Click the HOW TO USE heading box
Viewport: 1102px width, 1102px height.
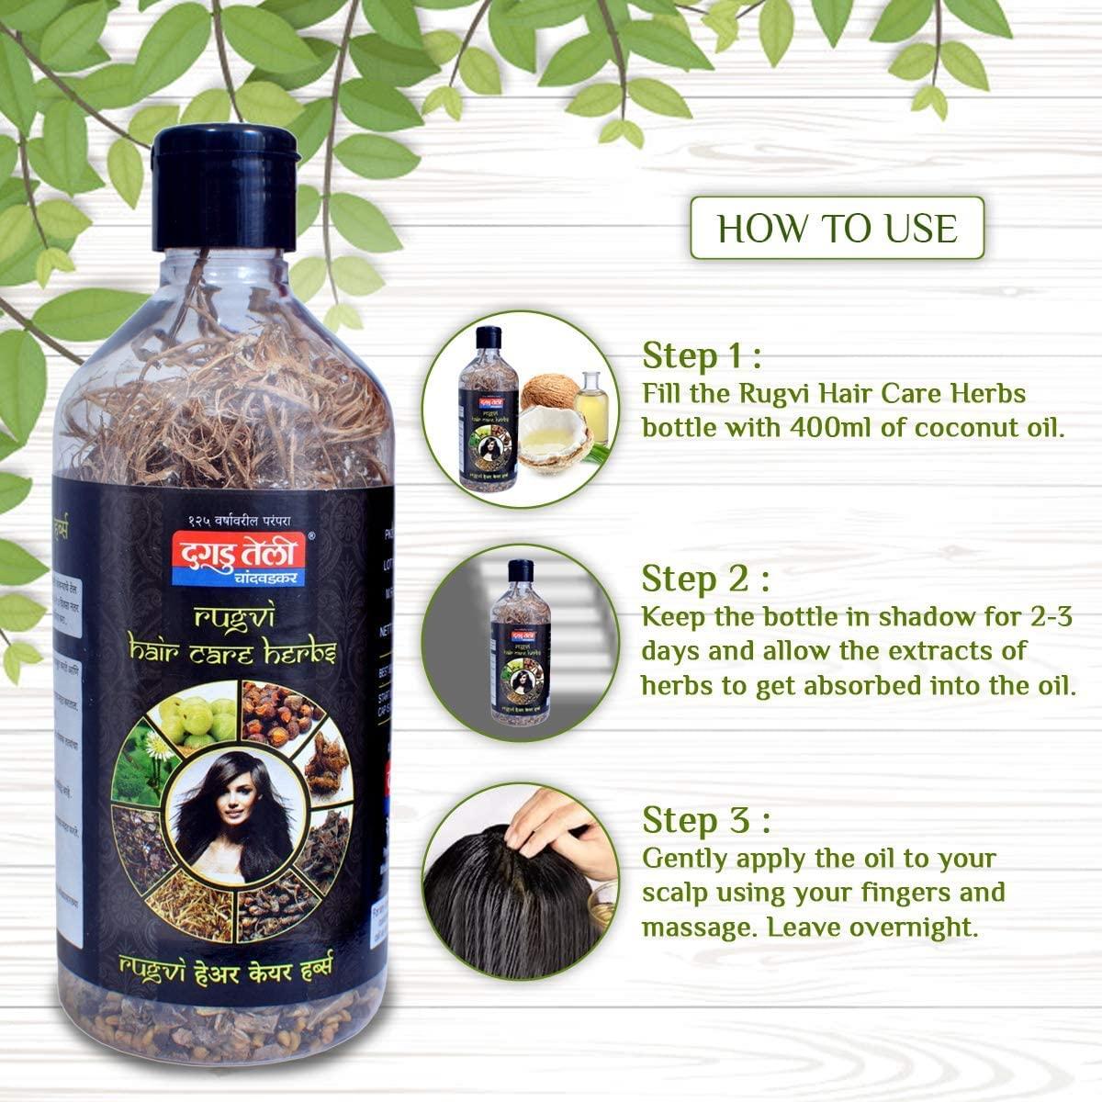(x=837, y=228)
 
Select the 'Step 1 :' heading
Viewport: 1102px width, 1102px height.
(x=702, y=354)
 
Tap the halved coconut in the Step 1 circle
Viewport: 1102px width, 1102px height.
(x=553, y=442)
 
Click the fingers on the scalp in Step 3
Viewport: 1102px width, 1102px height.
(x=551, y=822)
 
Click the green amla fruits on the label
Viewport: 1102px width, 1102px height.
(x=194, y=715)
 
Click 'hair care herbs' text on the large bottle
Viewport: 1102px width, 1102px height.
(x=231, y=653)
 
